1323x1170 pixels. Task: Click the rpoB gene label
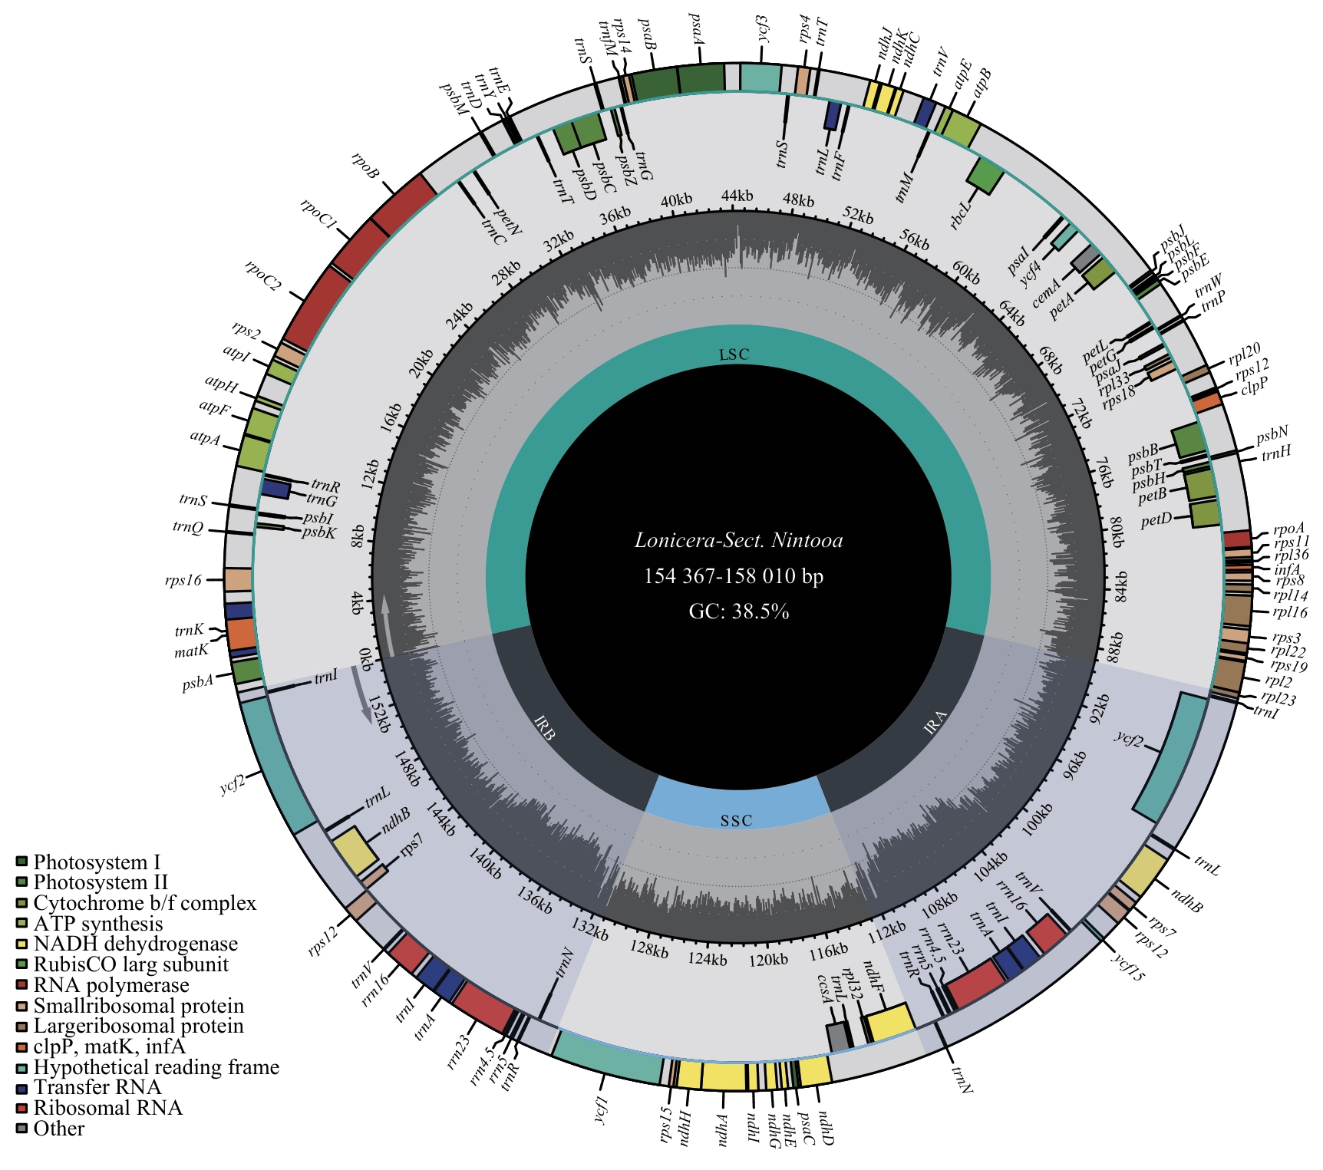coord(365,166)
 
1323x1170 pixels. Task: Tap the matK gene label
coord(191,651)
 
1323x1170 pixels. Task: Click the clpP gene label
coord(1255,384)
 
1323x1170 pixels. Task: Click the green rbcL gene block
coord(986,175)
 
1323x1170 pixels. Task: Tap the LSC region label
coord(734,354)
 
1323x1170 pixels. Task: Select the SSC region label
coord(736,821)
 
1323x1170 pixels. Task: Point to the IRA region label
coord(935,723)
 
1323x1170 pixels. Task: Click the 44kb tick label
coord(737,196)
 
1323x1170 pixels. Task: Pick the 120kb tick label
coord(768,960)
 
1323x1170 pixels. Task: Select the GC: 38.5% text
coord(739,611)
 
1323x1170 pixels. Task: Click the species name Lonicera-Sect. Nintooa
coord(738,541)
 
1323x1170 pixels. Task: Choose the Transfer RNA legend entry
coord(97,1087)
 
